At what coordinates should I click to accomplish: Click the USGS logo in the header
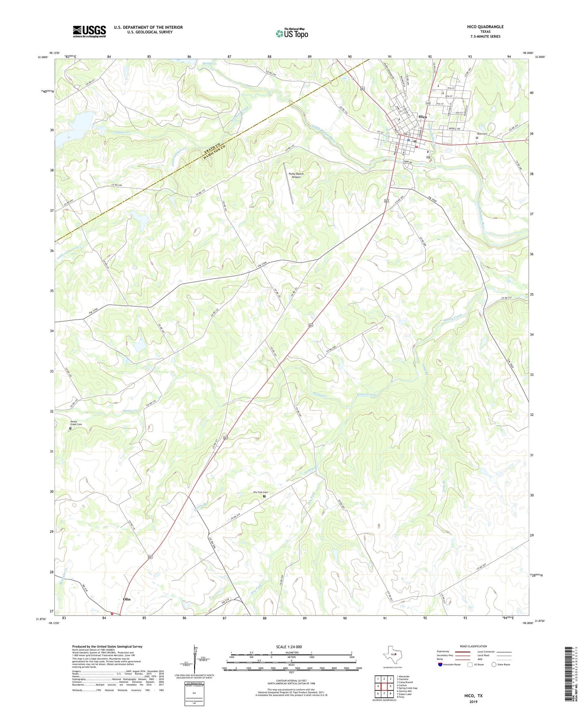(89, 31)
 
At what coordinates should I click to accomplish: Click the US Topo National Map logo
(292, 33)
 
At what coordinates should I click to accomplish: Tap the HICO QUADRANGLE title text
(485, 27)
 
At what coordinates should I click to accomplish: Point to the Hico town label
(422, 117)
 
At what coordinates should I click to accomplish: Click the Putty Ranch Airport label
(296, 175)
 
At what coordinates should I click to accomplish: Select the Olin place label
(126, 599)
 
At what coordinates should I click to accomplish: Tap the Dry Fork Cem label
(260, 492)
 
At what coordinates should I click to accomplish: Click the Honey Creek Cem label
(76, 423)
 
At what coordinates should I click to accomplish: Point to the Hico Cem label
(482, 134)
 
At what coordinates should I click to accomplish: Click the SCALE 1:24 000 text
(289, 647)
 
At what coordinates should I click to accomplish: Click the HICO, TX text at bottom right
(473, 696)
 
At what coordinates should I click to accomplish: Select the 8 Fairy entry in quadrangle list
(401, 697)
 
